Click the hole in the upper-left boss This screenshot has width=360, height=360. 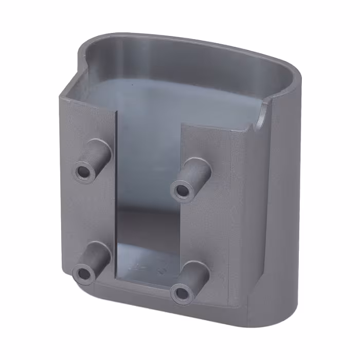(83, 170)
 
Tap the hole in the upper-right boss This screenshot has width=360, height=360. (182, 190)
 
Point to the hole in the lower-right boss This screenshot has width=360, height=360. (182, 293)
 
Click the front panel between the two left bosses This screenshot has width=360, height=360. (87, 216)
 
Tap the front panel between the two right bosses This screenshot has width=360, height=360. (206, 226)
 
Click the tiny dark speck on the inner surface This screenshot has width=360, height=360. (133, 82)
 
